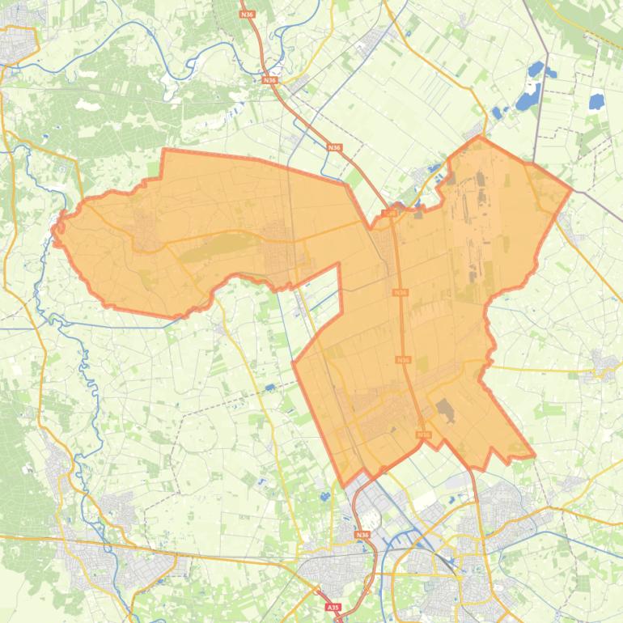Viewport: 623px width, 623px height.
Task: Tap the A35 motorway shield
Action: pos(332,607)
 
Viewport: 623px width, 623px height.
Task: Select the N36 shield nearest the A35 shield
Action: pos(362,535)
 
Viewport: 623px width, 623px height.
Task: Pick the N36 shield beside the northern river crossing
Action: pos(269,80)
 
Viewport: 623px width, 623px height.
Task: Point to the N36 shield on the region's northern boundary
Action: pos(389,213)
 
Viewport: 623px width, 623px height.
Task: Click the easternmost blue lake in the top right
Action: pos(596,102)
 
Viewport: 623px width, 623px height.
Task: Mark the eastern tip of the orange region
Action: pos(571,190)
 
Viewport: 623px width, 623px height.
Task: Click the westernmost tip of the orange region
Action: pos(53,230)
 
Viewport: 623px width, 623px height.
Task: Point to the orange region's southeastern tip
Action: pos(533,456)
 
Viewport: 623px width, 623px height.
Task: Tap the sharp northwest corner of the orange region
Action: pos(165,150)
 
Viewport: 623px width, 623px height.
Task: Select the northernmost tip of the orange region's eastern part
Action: pos(480,138)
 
